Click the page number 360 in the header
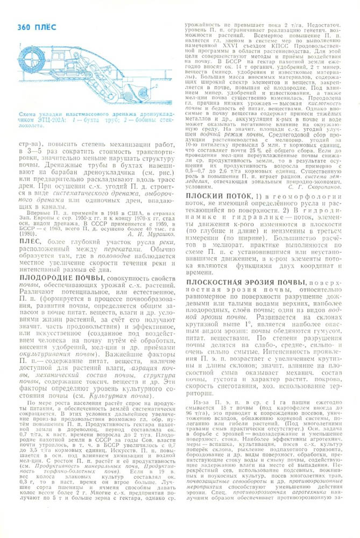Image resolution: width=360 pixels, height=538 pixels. click(x=24, y=27)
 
